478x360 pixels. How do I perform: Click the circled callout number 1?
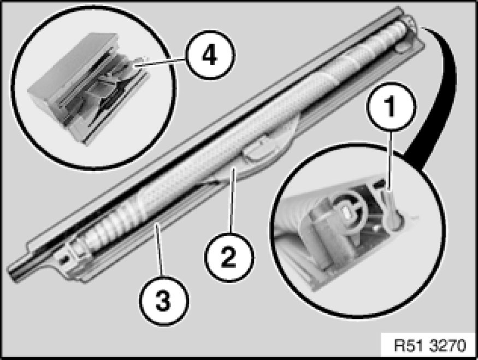click(x=391, y=107)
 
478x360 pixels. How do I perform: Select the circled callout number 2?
click(x=229, y=257)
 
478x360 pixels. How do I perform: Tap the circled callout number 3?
click(x=164, y=300)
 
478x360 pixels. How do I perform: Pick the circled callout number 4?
click(x=210, y=55)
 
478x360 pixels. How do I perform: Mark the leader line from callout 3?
click(x=159, y=250)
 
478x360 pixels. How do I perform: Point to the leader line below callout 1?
click(x=390, y=162)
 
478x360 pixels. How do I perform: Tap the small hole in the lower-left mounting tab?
click(x=64, y=260)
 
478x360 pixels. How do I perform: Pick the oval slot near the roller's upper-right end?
click(x=402, y=48)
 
